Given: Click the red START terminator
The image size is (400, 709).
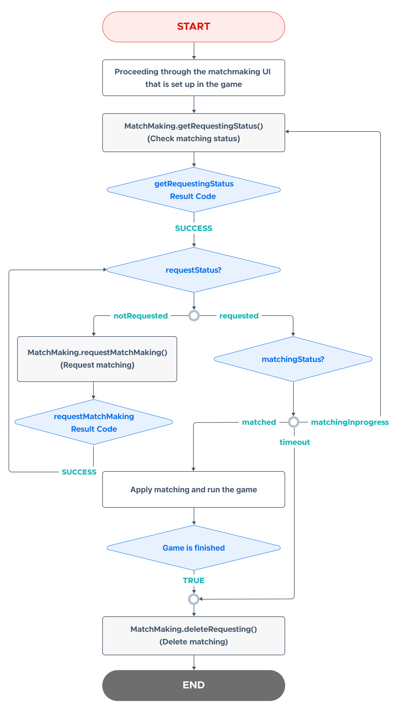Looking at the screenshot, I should point(194,27).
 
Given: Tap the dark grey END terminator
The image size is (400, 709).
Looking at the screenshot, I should point(194,685).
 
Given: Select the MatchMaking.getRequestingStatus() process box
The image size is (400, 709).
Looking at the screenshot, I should point(194,133).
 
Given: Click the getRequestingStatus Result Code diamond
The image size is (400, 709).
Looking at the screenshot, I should point(194,190).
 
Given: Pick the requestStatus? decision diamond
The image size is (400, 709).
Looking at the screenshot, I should point(194,270).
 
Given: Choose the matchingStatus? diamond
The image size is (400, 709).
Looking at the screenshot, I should point(293,359).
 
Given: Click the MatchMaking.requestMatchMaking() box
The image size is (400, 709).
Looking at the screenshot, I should point(97,359).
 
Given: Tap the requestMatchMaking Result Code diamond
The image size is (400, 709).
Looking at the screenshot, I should point(94,422).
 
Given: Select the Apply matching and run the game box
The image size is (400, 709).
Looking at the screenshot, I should point(194,489).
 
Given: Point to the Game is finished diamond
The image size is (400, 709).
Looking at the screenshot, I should point(194,548).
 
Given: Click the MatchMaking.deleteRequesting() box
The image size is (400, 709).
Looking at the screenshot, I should point(194,636).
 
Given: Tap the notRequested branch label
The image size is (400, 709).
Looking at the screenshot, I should point(141,316).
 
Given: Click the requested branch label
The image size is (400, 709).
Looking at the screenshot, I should point(239,316).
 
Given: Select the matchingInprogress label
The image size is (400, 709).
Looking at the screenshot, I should point(350,422).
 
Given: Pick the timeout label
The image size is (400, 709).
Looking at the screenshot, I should point(295,442).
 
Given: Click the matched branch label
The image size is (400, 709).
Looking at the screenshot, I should point(259,422).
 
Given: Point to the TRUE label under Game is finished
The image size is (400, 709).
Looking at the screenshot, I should point(194,581).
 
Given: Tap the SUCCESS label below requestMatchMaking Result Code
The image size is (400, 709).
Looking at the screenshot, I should point(79,472).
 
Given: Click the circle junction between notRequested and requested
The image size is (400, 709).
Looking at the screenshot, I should point(194,316).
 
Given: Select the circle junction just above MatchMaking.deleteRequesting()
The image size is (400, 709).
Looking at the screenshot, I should point(194,599).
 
